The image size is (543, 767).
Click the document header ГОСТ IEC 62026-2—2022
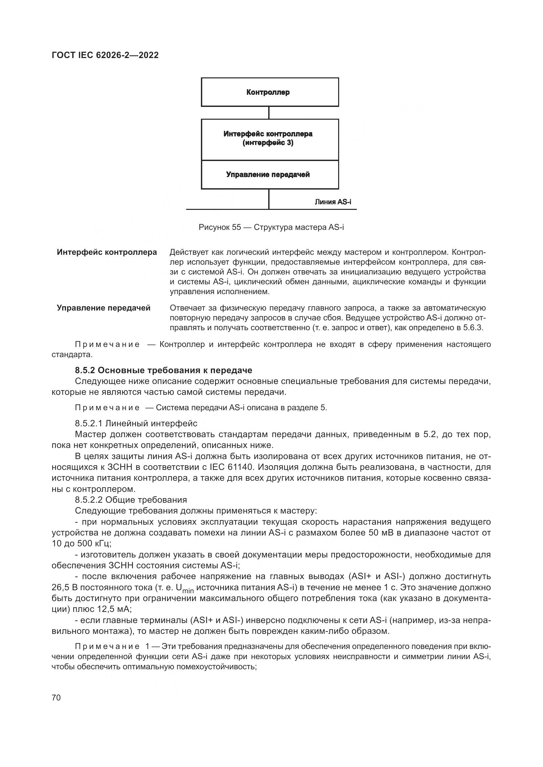(x=105, y=55)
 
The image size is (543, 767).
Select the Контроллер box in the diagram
(x=270, y=92)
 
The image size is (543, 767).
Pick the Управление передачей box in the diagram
(x=270, y=175)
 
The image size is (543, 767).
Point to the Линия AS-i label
(x=333, y=202)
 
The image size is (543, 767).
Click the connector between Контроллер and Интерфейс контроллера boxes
(x=269, y=113)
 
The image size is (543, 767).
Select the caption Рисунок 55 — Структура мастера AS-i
(x=271, y=228)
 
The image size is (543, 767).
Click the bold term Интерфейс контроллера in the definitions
(x=107, y=252)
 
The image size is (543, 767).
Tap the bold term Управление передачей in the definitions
(x=104, y=308)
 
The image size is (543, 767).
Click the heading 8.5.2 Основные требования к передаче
(x=163, y=370)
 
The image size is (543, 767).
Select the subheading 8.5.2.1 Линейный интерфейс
(x=136, y=424)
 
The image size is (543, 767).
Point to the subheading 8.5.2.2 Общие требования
(x=131, y=500)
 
